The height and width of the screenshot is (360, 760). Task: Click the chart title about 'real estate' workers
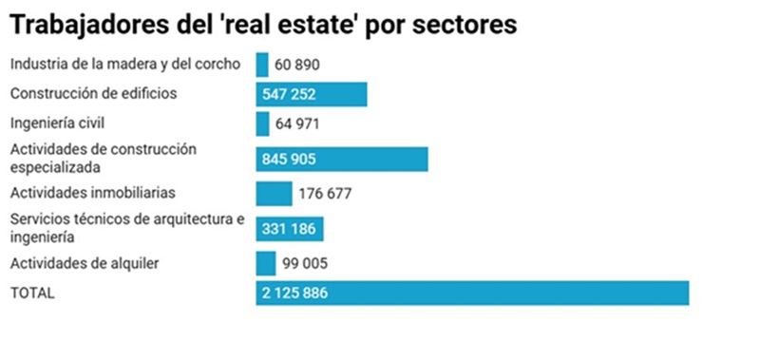[263, 26]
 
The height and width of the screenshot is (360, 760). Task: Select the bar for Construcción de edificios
[312, 95]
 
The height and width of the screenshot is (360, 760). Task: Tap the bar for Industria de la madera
[262, 65]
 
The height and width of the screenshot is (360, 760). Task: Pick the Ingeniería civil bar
[263, 124]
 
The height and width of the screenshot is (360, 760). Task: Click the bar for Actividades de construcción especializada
[342, 159]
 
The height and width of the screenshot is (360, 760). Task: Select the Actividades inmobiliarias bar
[275, 194]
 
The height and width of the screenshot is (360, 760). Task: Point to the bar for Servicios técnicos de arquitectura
[291, 229]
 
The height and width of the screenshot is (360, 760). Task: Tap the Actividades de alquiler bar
[266, 263]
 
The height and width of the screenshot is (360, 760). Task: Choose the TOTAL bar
[472, 293]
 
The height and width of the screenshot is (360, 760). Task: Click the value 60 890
[297, 66]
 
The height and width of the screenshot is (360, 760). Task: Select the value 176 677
[325, 194]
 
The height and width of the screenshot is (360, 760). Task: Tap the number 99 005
[305, 263]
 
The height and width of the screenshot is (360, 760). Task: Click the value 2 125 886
[295, 293]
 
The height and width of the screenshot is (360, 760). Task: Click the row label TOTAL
[32, 294]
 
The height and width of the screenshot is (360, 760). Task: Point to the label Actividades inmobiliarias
[92, 193]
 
